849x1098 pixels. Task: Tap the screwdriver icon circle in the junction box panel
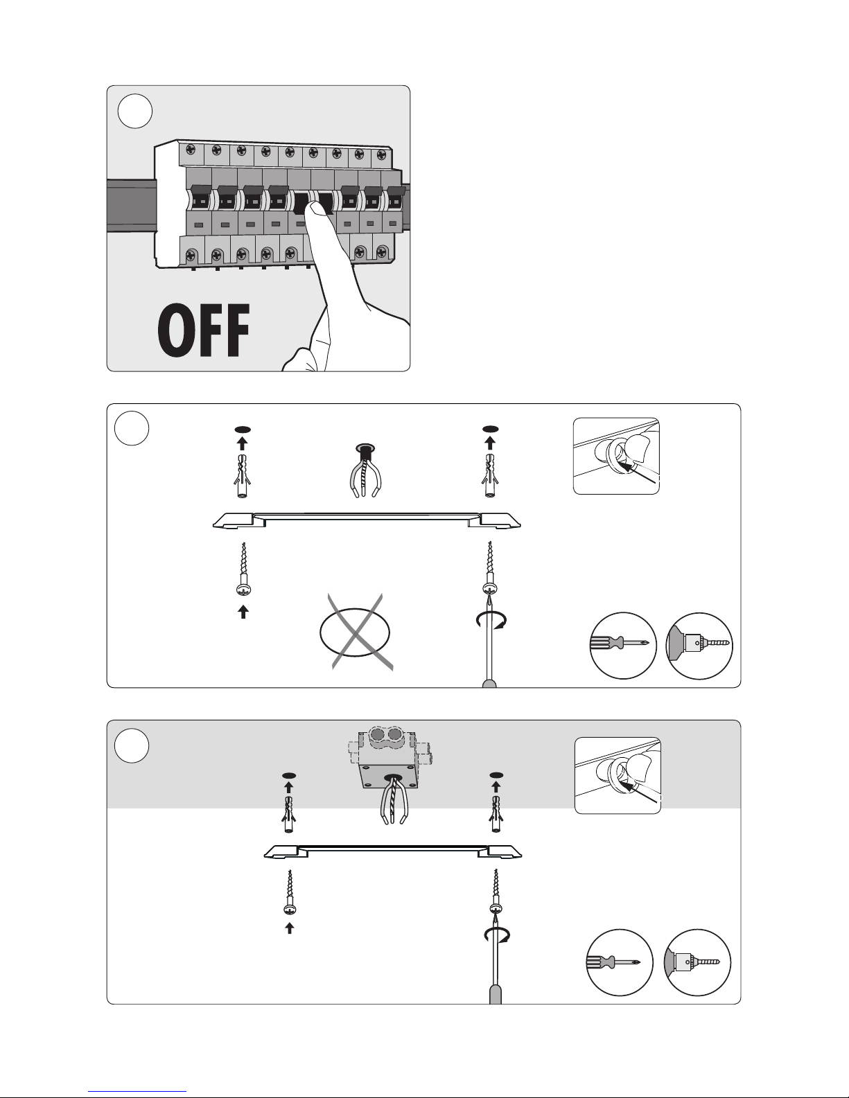pyautogui.click(x=620, y=962)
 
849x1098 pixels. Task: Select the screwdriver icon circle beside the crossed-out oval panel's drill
pyautogui.click(x=622, y=645)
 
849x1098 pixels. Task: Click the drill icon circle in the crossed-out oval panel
pyautogui.click(x=700, y=645)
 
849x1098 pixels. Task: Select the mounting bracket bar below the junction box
pyautogui.click(x=393, y=851)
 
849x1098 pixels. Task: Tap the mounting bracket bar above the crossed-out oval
pyautogui.click(x=366, y=520)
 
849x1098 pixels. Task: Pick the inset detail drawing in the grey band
pyautogui.click(x=618, y=775)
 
